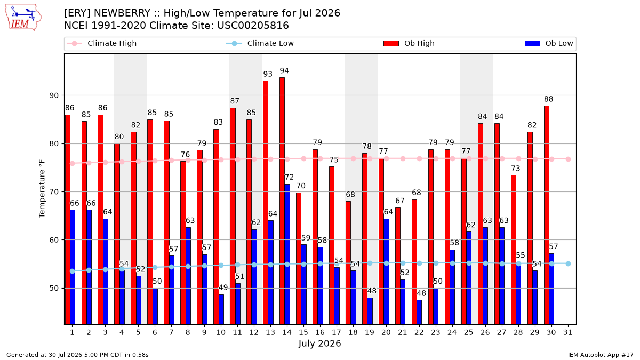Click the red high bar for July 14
click(282, 201)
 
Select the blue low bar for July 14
click(287, 254)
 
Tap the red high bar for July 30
click(547, 215)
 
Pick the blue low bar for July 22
click(419, 312)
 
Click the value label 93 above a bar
click(268, 74)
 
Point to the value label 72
click(289, 177)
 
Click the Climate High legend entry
click(102, 43)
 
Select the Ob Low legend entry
click(549, 43)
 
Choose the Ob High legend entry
click(409, 43)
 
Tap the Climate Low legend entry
click(260, 43)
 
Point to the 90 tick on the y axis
click(54, 95)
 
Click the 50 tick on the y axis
click(54, 289)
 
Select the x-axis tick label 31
click(567, 332)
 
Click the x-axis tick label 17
click(337, 332)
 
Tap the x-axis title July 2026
click(319, 343)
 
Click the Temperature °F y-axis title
click(42, 189)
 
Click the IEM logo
click(23, 18)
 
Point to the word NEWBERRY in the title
click(122, 13)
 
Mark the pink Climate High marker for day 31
click(569, 159)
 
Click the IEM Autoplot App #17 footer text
click(601, 355)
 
